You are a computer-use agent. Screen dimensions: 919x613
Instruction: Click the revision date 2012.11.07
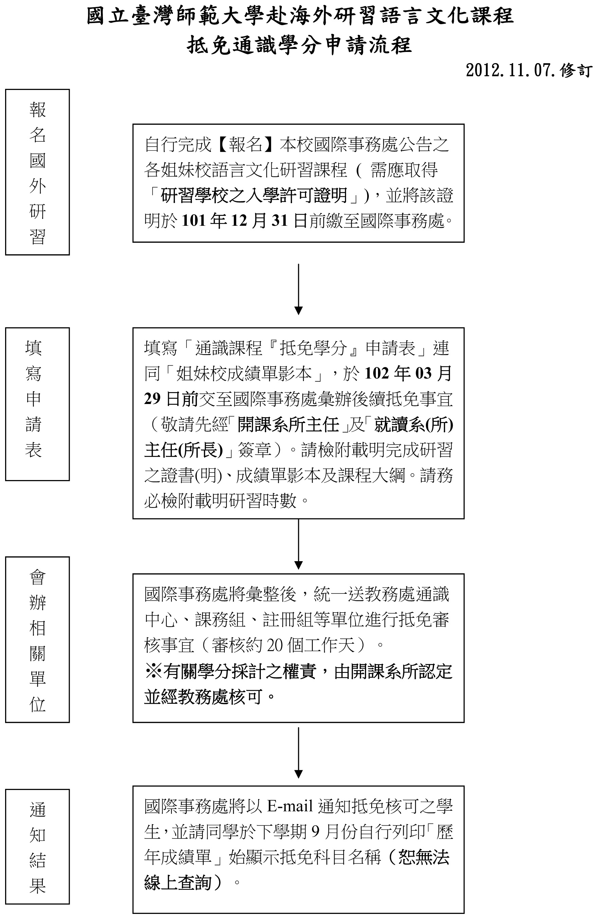click(x=511, y=71)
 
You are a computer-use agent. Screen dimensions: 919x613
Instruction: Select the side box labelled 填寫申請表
click(x=38, y=404)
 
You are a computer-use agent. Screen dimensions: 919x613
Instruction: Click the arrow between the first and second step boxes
click(x=298, y=289)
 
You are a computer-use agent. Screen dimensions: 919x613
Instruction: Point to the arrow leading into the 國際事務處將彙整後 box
click(x=298, y=544)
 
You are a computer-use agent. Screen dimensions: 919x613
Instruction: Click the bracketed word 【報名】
click(x=246, y=145)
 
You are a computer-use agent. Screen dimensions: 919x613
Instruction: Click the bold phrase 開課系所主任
click(x=288, y=425)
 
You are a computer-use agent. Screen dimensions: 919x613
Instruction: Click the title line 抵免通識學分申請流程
click(x=299, y=45)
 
